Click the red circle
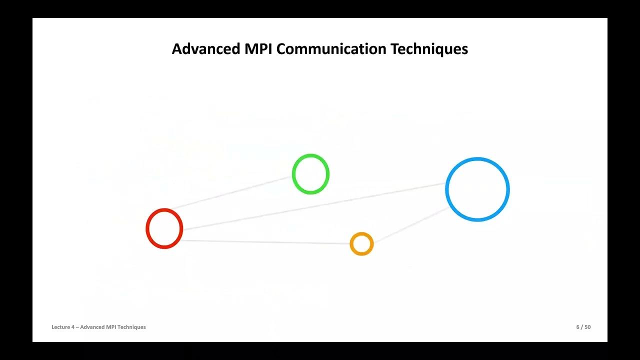pos(164,228)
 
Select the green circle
pos(310,174)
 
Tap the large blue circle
pos(477,189)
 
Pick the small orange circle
pos(361,244)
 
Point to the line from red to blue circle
pos(315,206)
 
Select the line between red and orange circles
pos(265,242)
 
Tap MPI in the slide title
pos(259,49)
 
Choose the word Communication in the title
pos(331,49)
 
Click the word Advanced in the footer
pos(92,327)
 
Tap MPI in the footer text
pos(112,327)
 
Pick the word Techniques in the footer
pos(132,327)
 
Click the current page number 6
pos(577,327)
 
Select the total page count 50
pos(587,327)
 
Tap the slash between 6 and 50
pos(581,327)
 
